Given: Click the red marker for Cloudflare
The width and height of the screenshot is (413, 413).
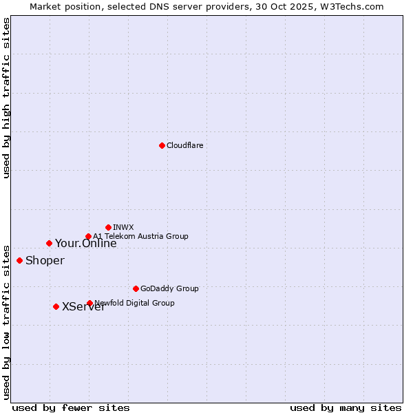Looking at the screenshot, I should click(x=162, y=145).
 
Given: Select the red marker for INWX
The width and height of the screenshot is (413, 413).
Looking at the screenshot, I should click(x=108, y=227).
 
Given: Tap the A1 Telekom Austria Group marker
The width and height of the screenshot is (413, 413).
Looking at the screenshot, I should click(x=88, y=237).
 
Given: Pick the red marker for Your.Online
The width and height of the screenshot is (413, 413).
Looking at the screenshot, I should click(x=49, y=243).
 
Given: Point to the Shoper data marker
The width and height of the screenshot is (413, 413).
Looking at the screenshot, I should click(x=19, y=260).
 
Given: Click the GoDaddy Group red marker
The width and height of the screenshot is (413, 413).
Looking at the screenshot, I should click(x=136, y=288).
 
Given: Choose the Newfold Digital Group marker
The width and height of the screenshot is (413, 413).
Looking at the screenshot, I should click(x=89, y=303).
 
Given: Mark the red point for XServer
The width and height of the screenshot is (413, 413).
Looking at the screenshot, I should click(x=56, y=306).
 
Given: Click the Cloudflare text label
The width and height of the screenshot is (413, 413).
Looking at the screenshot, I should click(x=184, y=145).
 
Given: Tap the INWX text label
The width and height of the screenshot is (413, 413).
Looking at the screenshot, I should click(x=123, y=227).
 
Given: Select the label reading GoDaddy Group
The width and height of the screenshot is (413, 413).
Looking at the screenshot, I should click(x=169, y=288).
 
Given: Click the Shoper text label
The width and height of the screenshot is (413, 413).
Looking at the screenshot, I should click(x=45, y=260).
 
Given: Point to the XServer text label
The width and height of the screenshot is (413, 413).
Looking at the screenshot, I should click(x=83, y=307).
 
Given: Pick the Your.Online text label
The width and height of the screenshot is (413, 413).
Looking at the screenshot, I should click(x=85, y=243).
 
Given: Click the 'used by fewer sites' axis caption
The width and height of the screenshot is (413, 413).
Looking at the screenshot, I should click(x=71, y=407).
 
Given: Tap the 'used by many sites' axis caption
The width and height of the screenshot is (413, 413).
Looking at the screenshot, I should click(x=346, y=407).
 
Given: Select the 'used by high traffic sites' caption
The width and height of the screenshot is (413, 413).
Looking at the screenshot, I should click(x=7, y=98).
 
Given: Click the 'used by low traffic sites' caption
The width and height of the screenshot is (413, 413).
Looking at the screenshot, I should click(x=7, y=321).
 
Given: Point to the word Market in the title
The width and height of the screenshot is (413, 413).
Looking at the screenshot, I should click(x=46, y=6).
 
